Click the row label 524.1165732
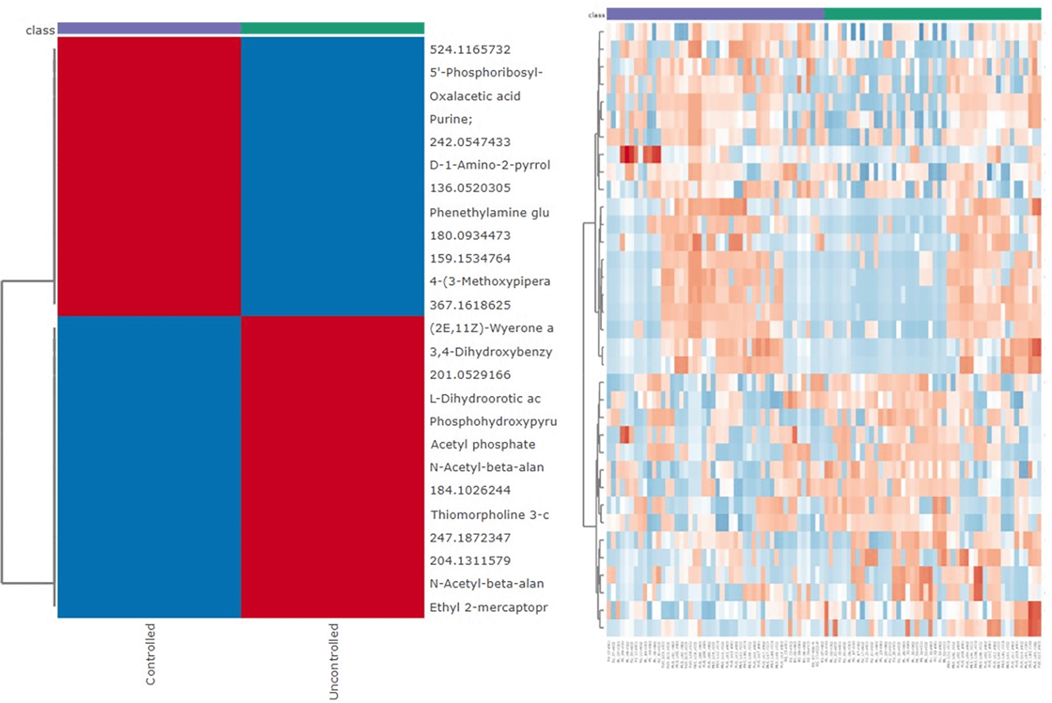coord(470,49)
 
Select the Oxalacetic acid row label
coord(475,96)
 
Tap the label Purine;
coord(451,119)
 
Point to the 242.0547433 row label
coord(470,142)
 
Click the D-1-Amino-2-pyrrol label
coord(490,165)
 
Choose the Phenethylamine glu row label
coord(489,213)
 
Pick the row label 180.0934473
coord(470,235)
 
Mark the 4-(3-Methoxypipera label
coord(490,282)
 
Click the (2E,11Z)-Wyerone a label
coord(492,328)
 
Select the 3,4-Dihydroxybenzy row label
coord(491,352)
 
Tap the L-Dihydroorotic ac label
coord(485,399)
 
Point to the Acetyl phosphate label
coord(483,445)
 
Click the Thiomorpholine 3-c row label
coord(490,515)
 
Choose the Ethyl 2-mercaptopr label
coord(489,607)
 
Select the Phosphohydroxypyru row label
coord(493,421)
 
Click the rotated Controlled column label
coord(150,654)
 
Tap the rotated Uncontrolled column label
coord(333,661)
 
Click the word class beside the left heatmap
coord(40,30)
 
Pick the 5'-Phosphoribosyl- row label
coord(486,72)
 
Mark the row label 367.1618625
coord(470,305)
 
